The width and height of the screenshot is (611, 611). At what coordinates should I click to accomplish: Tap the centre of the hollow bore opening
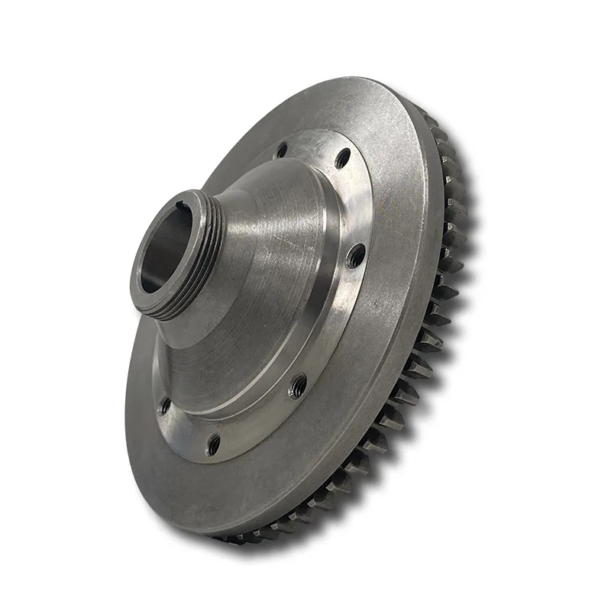[x=164, y=252]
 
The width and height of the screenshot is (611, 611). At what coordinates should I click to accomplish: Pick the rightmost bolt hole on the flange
[x=355, y=257]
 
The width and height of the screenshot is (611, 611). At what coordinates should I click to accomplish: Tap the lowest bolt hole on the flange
[x=214, y=441]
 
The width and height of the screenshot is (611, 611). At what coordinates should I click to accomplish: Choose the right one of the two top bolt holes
[x=342, y=158]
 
